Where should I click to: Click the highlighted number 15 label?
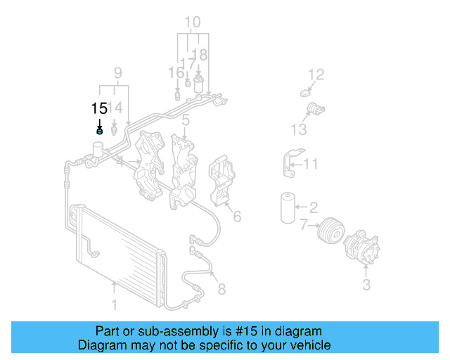(99, 108)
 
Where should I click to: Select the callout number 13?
(299, 129)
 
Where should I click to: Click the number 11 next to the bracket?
(311, 165)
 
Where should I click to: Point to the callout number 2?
(314, 207)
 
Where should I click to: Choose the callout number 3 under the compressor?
(366, 285)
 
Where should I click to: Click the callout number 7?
(304, 225)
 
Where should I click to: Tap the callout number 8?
(221, 288)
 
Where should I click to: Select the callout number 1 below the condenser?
(114, 305)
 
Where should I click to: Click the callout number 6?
(237, 217)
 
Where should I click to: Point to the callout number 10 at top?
(192, 22)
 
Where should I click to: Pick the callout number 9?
(118, 72)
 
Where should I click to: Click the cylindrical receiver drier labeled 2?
(288, 206)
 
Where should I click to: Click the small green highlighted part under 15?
(99, 130)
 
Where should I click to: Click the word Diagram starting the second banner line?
(103, 345)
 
